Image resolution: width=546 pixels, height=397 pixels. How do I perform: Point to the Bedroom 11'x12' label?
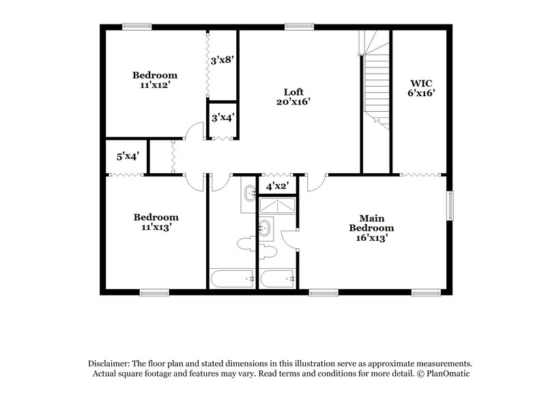[155, 80]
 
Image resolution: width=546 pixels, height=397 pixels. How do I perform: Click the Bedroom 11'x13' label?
[155, 222]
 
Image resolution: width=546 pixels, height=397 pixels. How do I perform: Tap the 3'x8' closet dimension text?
[222, 60]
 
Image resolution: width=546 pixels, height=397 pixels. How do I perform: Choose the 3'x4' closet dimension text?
[222, 117]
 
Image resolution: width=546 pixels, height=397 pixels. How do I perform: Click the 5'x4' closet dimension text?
[128, 156]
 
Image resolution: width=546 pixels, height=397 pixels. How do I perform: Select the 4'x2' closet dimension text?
[276, 186]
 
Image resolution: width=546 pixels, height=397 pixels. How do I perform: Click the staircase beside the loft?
[374, 85]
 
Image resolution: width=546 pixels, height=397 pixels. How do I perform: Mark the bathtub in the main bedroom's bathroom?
[276, 278]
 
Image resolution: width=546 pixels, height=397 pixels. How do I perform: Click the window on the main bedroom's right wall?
[450, 205]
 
